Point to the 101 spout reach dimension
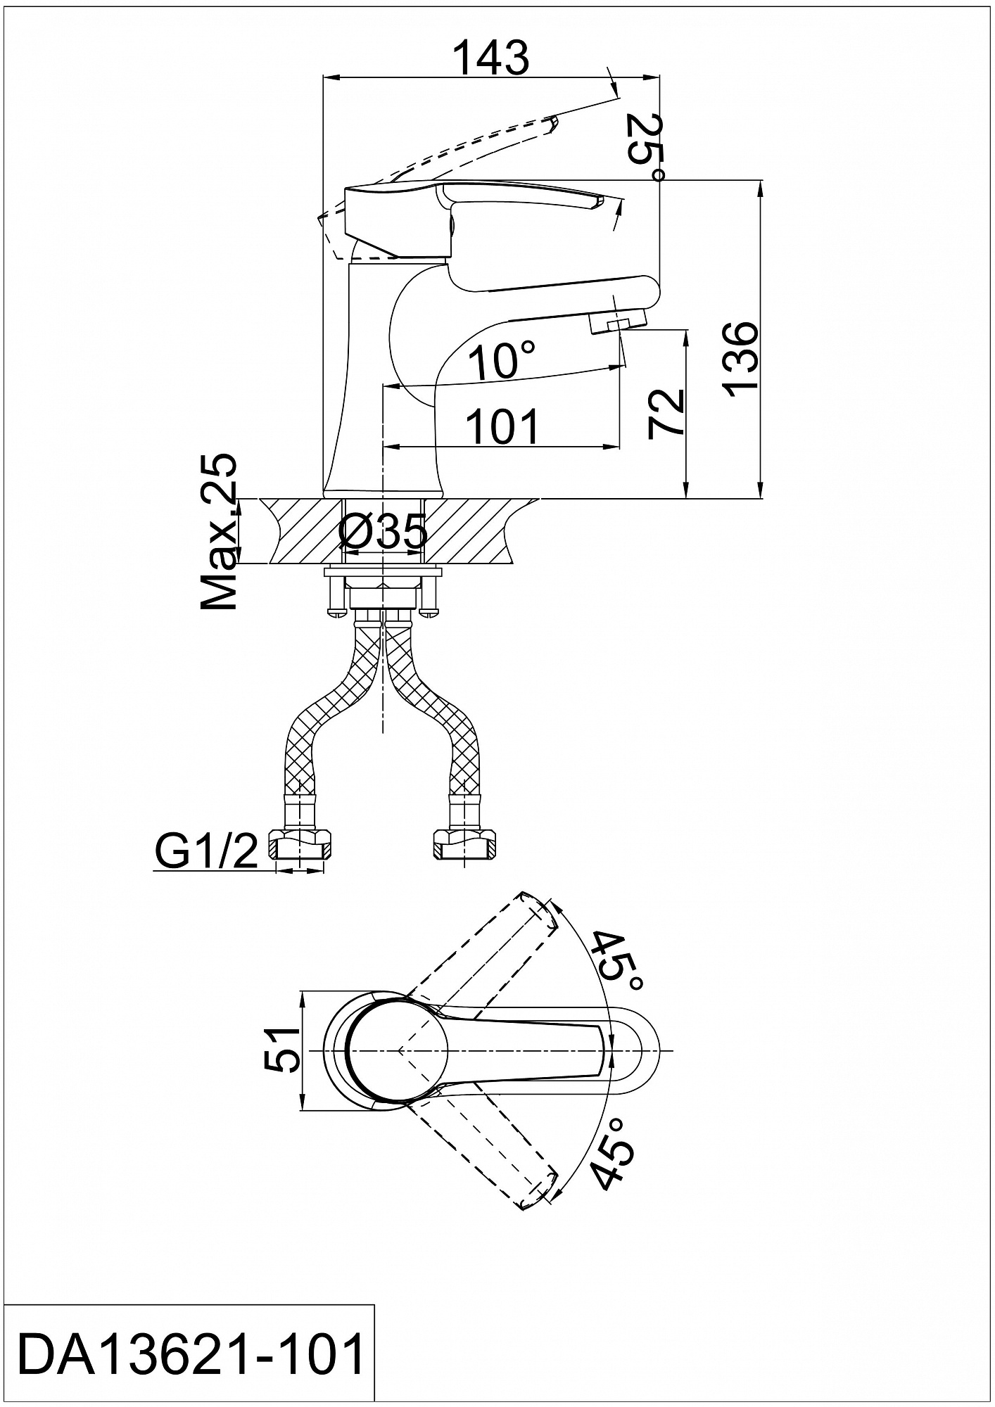(x=502, y=426)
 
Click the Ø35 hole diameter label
(x=384, y=531)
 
